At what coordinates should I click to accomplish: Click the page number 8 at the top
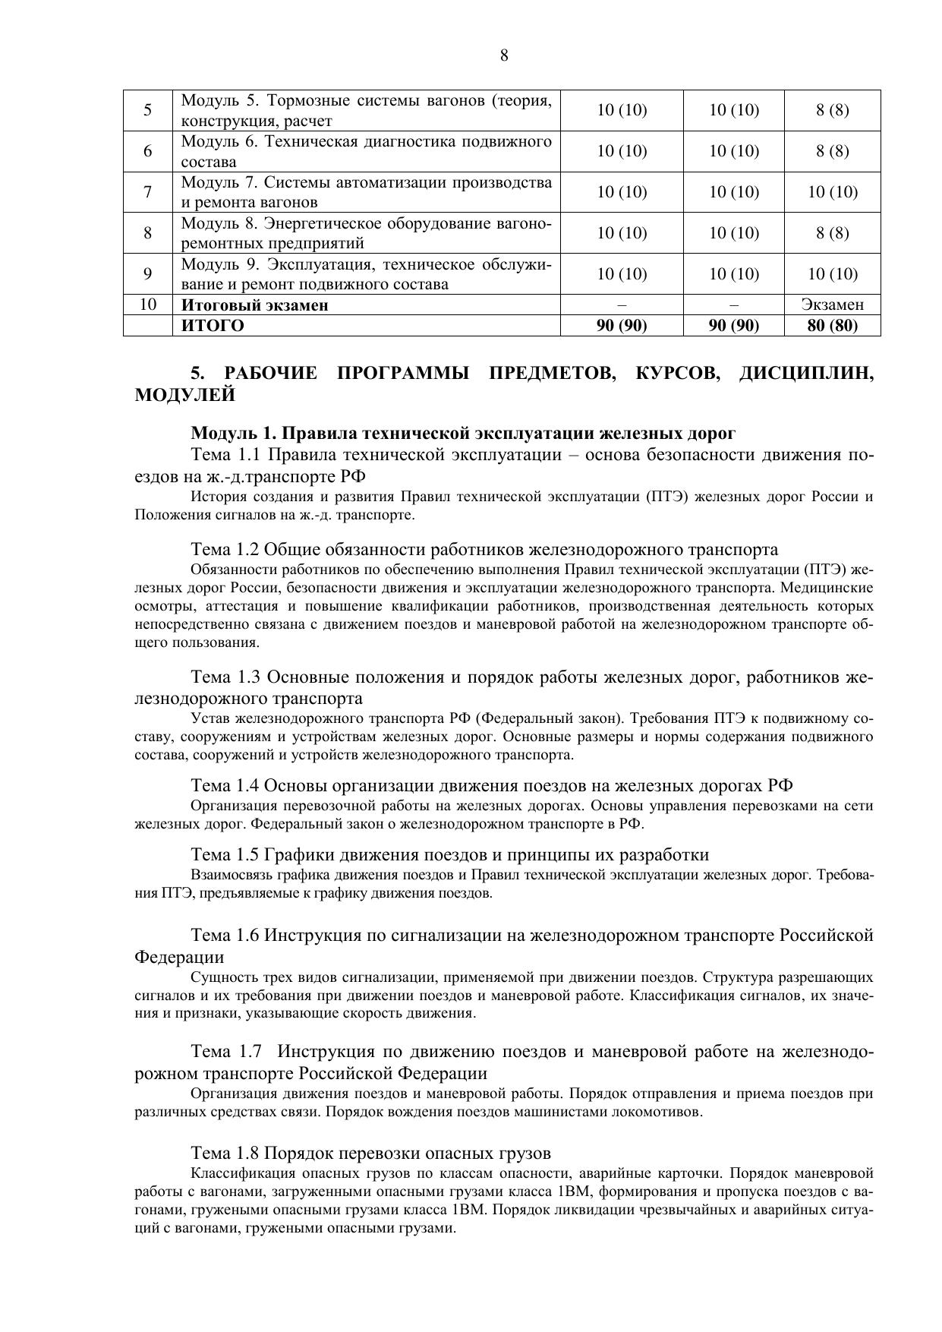click(x=504, y=55)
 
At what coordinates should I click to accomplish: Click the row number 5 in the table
click(x=148, y=110)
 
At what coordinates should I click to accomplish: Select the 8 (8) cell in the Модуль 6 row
click(x=832, y=151)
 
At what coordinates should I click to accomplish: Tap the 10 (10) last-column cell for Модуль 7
click(x=832, y=192)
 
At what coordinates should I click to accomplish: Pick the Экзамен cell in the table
click(x=832, y=305)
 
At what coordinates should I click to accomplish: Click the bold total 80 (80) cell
click(x=832, y=326)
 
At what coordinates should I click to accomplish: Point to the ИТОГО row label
click(x=213, y=326)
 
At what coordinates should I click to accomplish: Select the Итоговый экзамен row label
click(x=254, y=305)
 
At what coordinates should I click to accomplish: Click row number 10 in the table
click(x=148, y=305)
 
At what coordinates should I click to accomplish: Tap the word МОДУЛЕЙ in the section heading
click(x=184, y=396)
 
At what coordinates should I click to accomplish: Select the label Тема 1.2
click(x=225, y=549)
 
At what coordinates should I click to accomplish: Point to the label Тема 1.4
click(x=225, y=785)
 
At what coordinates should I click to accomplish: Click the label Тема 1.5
click(x=225, y=854)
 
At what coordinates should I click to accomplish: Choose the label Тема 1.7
click(x=225, y=1052)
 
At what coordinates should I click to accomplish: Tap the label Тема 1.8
click(x=225, y=1153)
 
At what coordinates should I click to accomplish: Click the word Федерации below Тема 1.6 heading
click(x=178, y=957)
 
